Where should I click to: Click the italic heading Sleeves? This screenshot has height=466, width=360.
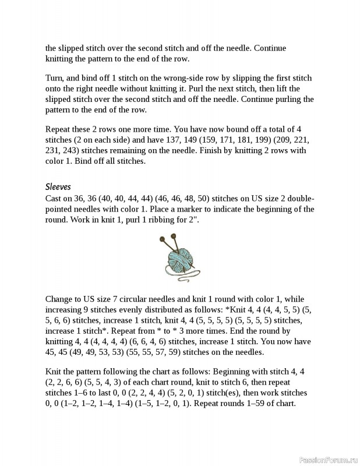tap(58, 187)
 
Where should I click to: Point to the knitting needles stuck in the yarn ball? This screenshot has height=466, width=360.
tap(168, 240)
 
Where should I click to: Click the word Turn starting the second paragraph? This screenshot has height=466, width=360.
tap(54, 77)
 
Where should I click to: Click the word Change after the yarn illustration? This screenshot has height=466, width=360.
tap(61, 299)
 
